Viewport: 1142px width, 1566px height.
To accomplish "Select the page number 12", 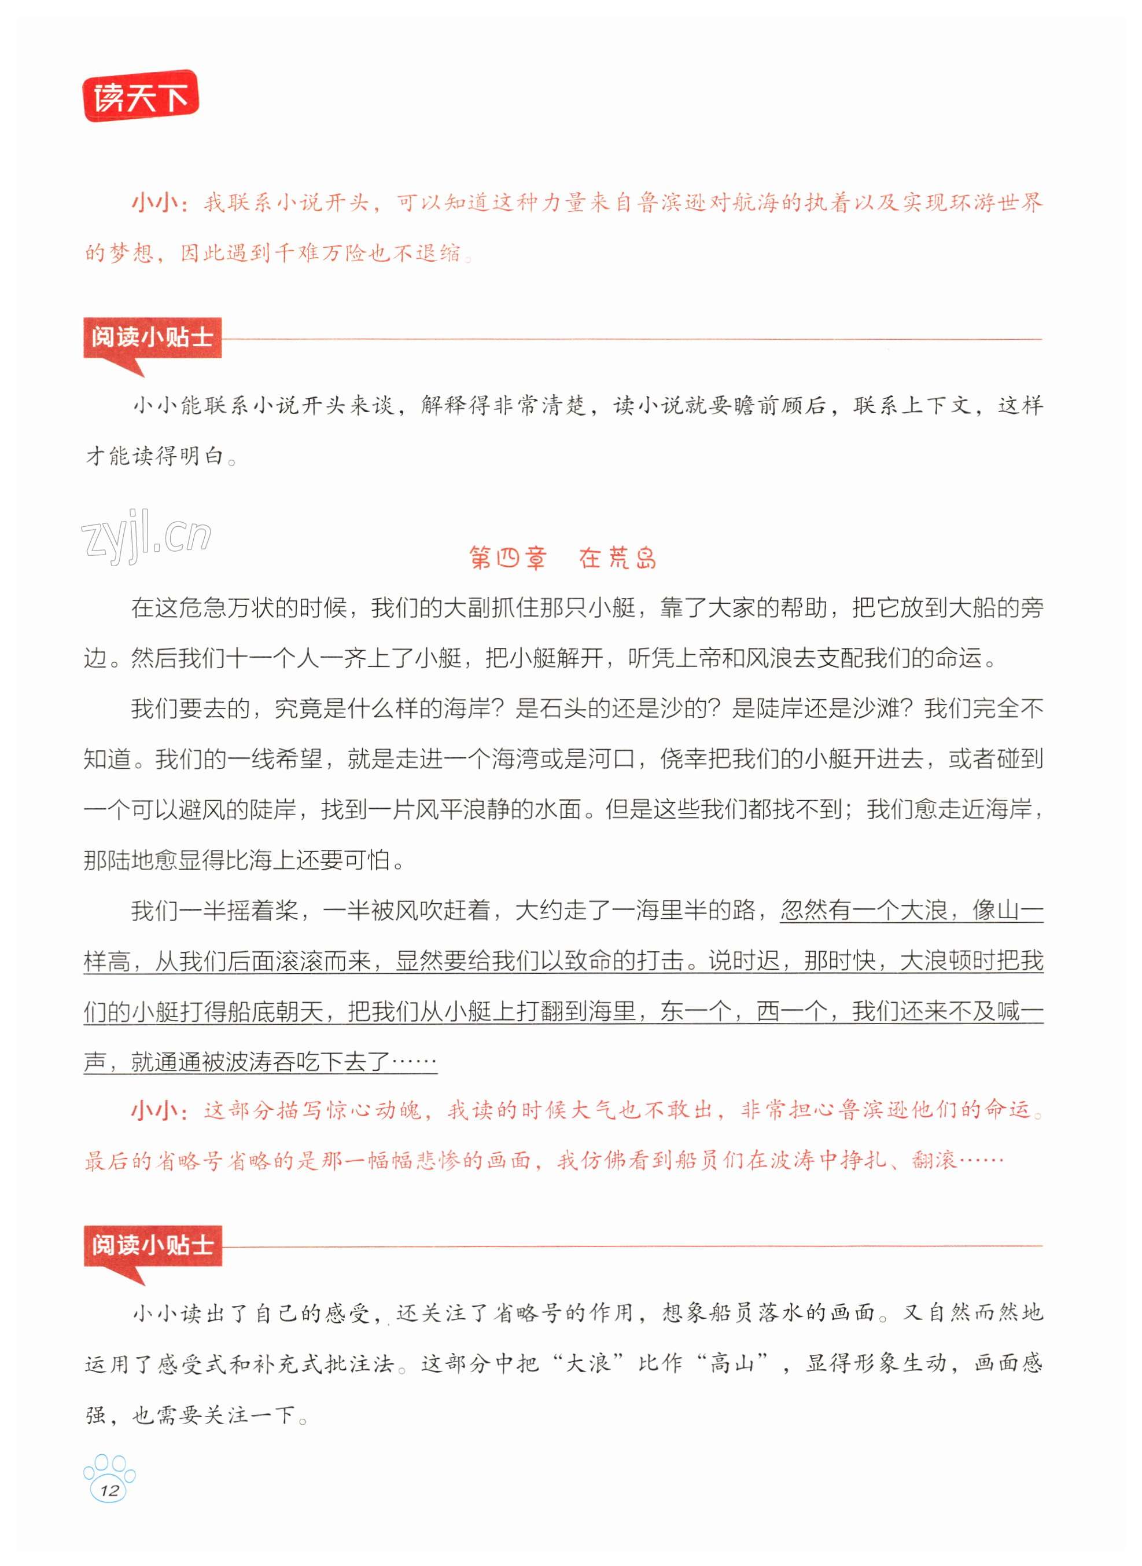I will [x=109, y=1489].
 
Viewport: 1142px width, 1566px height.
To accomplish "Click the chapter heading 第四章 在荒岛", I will [x=562, y=558].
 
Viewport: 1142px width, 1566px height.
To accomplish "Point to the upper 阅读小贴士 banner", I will [x=152, y=338].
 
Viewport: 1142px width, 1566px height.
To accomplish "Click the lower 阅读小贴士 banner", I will [x=152, y=1245].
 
